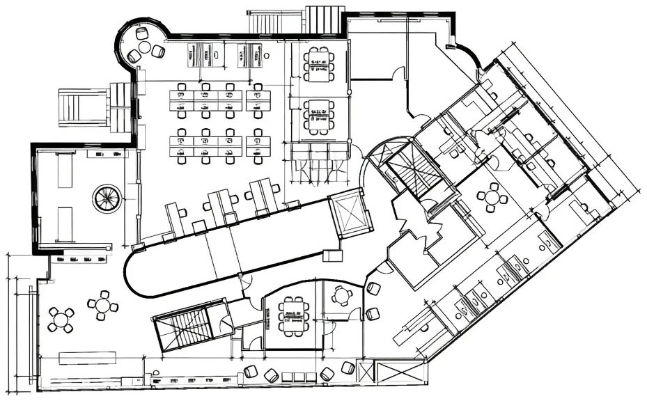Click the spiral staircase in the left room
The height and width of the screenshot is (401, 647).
click(x=107, y=198)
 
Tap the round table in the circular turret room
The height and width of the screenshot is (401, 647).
click(x=144, y=47)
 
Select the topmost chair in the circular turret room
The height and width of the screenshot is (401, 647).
click(x=142, y=33)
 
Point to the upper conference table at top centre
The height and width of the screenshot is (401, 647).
click(x=319, y=63)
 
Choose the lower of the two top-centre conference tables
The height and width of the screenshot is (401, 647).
click(x=319, y=116)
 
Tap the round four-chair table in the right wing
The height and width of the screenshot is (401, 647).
click(x=493, y=197)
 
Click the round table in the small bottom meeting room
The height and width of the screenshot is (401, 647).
click(x=342, y=296)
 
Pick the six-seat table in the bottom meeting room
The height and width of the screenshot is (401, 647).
click(x=293, y=315)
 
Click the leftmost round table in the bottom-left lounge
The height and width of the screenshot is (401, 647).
click(x=61, y=320)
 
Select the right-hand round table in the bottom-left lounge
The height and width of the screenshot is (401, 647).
click(x=103, y=304)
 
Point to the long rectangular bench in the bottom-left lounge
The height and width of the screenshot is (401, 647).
click(x=87, y=358)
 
